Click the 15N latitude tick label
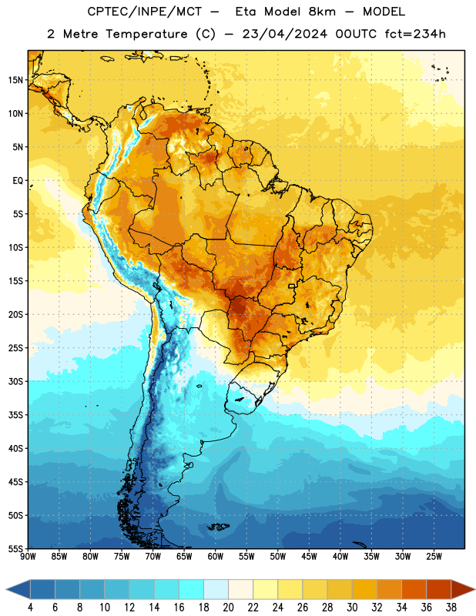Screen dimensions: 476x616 pos(15,80)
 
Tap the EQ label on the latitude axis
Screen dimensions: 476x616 pos(18,181)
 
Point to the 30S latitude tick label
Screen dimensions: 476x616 pos(15,381)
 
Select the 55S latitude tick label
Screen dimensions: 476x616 pos(15,548)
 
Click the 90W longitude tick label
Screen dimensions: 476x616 pos(28,557)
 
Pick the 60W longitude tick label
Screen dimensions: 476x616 pos(216,557)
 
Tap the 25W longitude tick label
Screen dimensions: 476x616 pos(434,557)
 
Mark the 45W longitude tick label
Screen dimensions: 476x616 pos(309,557)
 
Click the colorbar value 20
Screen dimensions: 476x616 pos(228,608)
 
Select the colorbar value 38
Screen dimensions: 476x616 pos(451,608)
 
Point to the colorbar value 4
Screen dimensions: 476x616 pos(30,608)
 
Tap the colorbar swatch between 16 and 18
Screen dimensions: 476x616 pos(192,590)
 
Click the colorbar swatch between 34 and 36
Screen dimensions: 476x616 pos(414,590)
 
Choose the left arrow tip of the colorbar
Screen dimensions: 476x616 pos(6,590)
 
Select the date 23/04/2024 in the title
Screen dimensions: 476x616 pos(284,34)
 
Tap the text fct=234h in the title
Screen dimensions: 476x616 pos(415,34)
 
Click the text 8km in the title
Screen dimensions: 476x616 pos(322,12)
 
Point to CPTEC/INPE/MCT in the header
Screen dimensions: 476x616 pos(144,12)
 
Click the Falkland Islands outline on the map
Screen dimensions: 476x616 pos(218,527)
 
